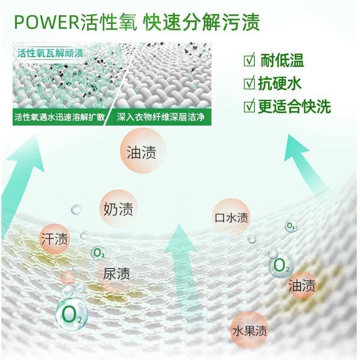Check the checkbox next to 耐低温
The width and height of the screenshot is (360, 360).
[x=248, y=60]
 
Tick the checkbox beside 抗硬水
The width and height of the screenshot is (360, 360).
[x=248, y=83]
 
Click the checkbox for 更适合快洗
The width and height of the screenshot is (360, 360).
[x=248, y=107]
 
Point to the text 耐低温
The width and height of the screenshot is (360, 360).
[x=283, y=60]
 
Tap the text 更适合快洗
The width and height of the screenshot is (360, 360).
[x=294, y=107]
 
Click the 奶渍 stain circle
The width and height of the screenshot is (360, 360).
[x=118, y=209]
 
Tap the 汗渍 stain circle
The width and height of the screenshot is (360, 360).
[x=54, y=239]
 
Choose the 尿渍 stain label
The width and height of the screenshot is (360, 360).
[x=117, y=273]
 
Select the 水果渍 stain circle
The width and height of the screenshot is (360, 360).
[x=249, y=332]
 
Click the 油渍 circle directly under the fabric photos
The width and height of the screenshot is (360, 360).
[x=141, y=152]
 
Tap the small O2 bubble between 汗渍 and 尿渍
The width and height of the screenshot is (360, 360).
[x=99, y=253]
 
